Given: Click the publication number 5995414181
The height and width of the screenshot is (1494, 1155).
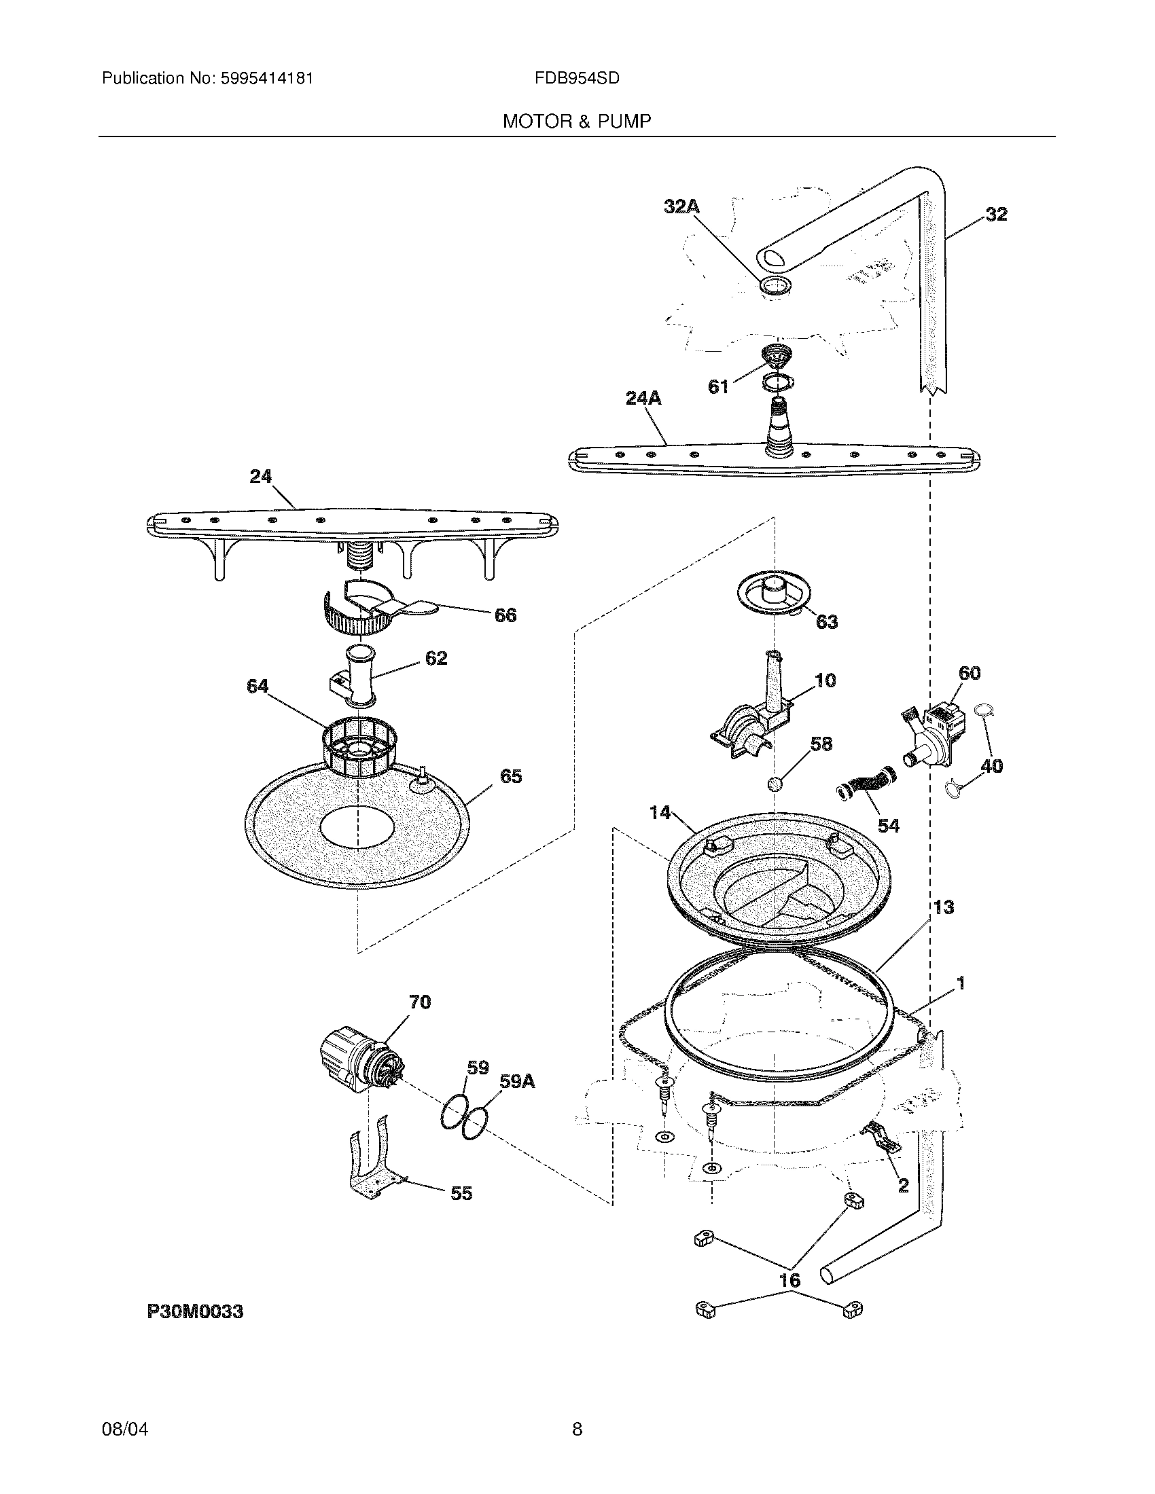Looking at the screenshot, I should point(267,79).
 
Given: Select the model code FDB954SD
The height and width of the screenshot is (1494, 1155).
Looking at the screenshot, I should point(577,79).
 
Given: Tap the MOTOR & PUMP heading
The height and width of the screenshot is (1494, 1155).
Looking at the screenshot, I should point(577,122).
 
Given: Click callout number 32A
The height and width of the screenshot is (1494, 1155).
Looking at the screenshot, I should point(681,206).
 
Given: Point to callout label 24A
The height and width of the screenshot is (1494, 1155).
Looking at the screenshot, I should point(643,398).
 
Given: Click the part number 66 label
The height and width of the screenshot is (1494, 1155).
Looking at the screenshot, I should point(505,615).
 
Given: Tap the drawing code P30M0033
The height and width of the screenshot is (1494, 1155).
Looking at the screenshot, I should point(195,1311).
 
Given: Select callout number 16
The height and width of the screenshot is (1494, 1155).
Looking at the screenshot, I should point(790,1279).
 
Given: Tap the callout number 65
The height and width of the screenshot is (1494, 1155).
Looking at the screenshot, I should point(511,776).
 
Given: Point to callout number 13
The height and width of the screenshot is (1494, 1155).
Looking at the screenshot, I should point(944,907).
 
